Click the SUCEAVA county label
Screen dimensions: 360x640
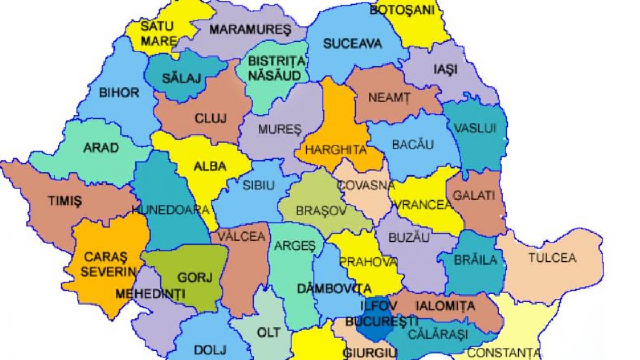[353, 44]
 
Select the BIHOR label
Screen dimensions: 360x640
[118, 93]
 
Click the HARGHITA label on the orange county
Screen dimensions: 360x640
[335, 150]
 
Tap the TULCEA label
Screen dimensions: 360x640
[552, 258]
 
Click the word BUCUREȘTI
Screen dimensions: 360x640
[381, 322]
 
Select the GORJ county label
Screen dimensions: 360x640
[195, 277]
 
